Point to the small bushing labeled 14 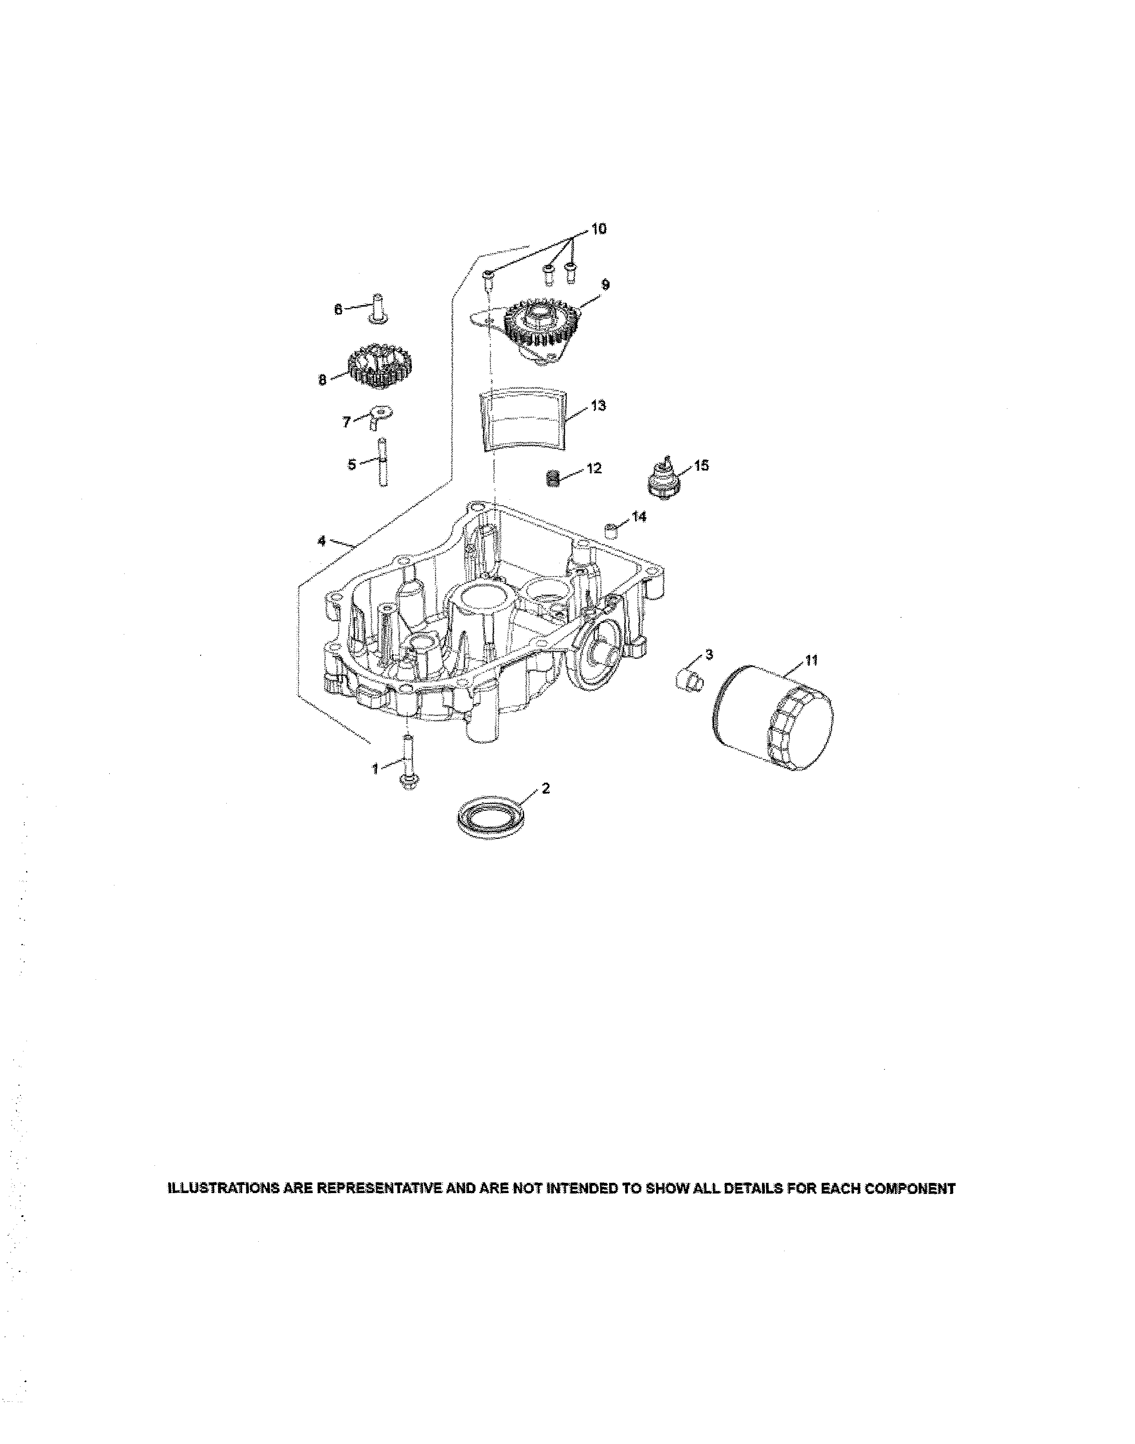[611, 530]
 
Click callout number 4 [321, 541]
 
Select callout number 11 [811, 660]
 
